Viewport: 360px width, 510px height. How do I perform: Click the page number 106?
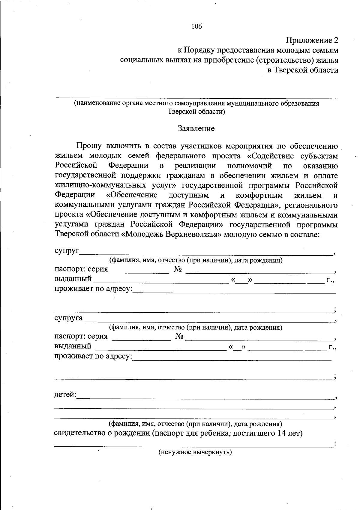[x=196, y=26]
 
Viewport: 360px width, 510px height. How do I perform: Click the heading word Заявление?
[x=196, y=129]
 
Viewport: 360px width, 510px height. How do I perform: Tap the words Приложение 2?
[x=312, y=40]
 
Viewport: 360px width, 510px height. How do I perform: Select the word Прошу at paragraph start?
[x=88, y=146]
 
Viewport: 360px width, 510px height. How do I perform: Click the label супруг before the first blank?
[x=67, y=251]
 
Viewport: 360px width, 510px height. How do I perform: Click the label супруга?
[x=69, y=318]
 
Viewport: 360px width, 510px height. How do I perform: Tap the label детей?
[x=65, y=395]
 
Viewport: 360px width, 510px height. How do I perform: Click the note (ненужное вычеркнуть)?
[x=195, y=452]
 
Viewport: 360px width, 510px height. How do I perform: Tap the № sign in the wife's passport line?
[x=179, y=337]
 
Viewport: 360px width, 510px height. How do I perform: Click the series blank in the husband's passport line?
[x=140, y=271]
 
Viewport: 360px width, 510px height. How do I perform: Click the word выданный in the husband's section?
[x=73, y=279]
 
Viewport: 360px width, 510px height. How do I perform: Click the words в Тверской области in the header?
[x=303, y=70]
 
